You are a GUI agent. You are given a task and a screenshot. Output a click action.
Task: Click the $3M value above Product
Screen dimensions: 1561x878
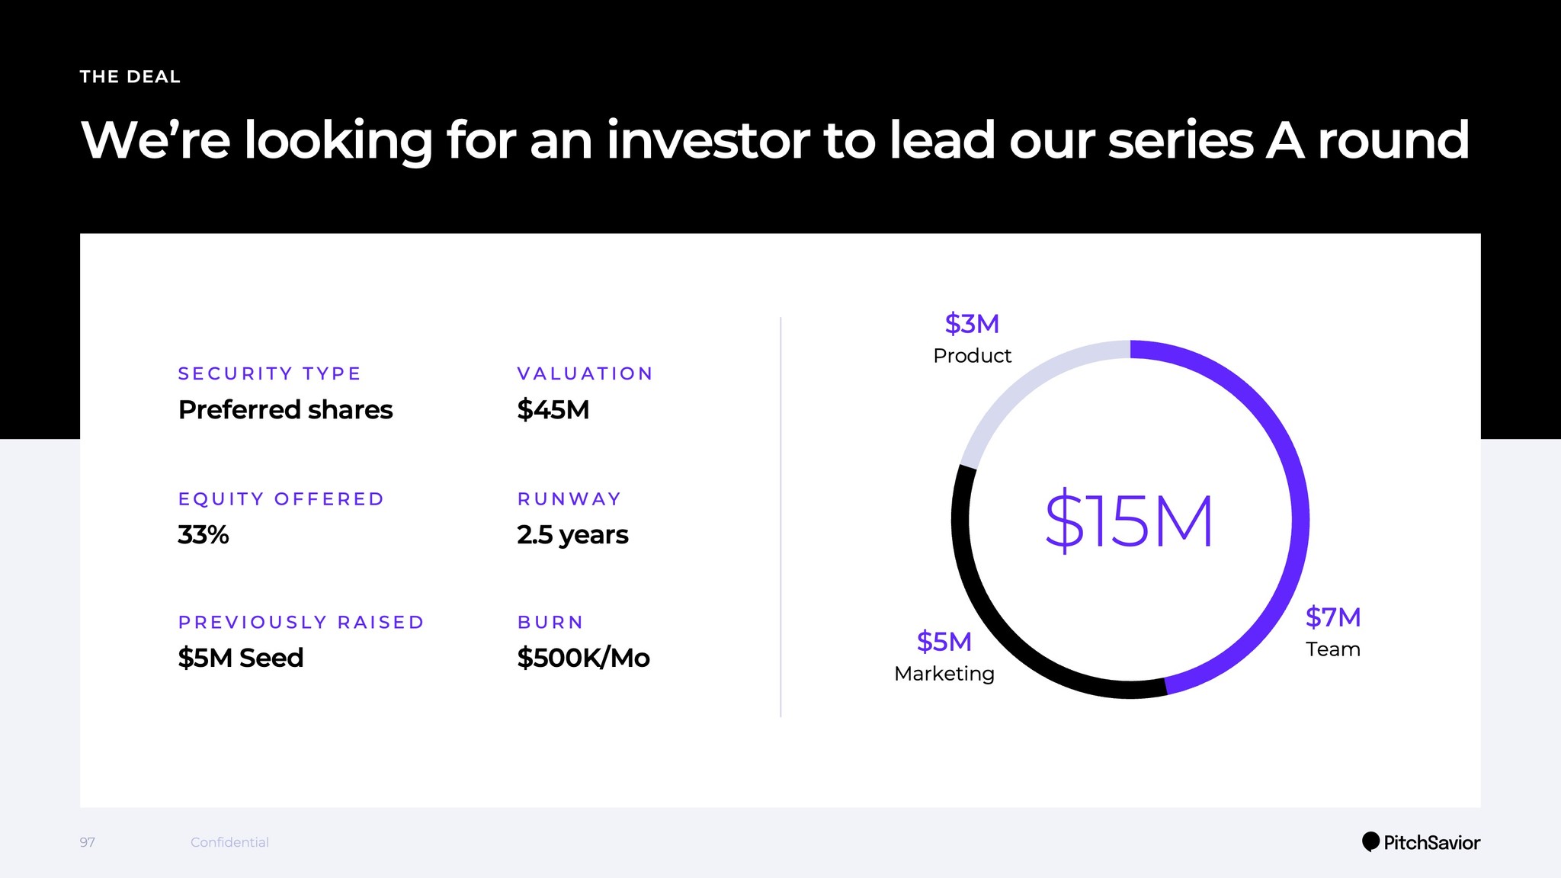coord(972,324)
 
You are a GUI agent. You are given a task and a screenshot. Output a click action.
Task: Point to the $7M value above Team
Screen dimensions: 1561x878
coord(1333,617)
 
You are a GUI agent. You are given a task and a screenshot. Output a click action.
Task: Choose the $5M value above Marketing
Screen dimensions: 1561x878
coord(944,642)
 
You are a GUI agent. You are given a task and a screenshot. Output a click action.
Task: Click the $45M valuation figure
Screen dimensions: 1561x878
coord(553,410)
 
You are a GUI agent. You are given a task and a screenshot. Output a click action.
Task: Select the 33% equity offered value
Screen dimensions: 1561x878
coord(204,535)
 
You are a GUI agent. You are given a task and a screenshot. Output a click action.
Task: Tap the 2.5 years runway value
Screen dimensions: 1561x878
coord(572,535)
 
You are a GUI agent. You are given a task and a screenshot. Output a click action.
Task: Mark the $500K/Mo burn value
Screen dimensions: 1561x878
coord(583,658)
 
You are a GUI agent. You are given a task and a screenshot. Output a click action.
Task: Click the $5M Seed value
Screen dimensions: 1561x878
coord(241,658)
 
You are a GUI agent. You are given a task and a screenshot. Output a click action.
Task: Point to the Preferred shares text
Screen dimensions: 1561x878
coord(286,410)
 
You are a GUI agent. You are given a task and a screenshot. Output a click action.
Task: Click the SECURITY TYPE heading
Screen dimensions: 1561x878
coord(270,373)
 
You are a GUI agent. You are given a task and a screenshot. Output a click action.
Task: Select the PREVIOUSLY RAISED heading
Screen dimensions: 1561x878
coord(301,622)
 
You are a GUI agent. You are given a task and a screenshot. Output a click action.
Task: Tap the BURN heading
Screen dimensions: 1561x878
coord(550,622)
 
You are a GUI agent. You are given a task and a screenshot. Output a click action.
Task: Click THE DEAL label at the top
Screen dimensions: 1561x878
coord(130,77)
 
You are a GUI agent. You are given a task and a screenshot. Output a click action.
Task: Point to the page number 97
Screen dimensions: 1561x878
coord(88,842)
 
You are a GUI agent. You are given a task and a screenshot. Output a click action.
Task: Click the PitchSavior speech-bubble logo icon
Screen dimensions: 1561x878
coord(1370,841)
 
